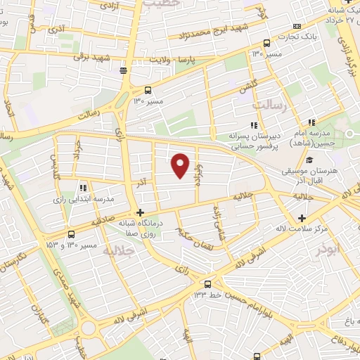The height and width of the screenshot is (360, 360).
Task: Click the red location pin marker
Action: [181, 165]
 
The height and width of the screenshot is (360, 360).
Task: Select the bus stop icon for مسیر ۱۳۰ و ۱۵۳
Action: [70, 235]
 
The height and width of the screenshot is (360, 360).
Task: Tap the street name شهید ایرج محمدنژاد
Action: [211, 33]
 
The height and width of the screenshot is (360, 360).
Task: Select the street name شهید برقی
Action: [92, 56]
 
